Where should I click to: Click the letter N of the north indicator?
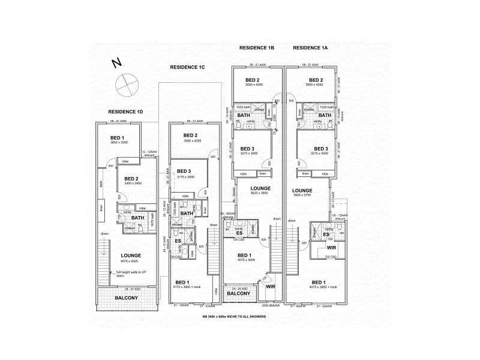(117, 62)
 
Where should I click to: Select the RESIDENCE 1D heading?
(125, 112)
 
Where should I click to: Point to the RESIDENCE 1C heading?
(188, 68)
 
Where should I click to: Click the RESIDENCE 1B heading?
(257, 47)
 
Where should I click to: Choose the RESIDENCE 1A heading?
(311, 47)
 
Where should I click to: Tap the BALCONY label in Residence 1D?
(127, 298)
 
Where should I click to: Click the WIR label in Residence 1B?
(270, 294)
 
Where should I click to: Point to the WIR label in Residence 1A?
(331, 247)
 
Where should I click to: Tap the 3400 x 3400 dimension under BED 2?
(132, 184)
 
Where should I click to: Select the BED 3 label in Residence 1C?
(185, 172)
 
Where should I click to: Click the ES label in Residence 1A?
(326, 234)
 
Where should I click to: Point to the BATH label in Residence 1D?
(138, 218)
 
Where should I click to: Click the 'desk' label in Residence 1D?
(101, 185)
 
